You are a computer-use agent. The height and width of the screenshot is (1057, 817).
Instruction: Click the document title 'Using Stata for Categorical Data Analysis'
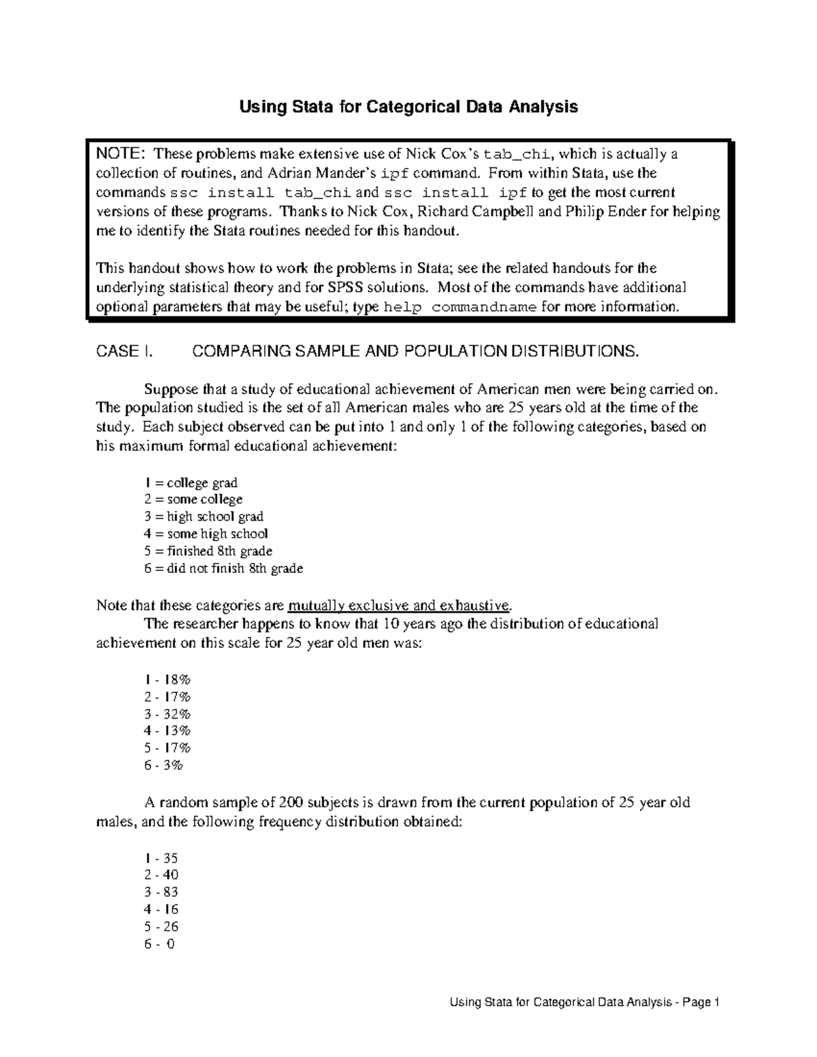[x=407, y=107]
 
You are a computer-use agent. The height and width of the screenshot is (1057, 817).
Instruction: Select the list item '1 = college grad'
[x=191, y=483]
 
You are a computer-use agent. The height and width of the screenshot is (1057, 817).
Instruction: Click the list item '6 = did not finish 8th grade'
[x=223, y=568]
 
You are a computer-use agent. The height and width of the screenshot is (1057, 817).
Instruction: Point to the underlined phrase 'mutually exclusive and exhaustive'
[x=398, y=605]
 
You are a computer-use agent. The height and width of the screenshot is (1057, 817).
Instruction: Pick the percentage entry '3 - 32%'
[x=167, y=714]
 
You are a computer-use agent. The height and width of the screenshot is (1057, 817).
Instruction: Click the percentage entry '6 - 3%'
[x=164, y=765]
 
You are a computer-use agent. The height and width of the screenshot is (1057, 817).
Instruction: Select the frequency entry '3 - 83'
[x=161, y=892]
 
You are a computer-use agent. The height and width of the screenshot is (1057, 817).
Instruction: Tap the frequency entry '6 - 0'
[x=160, y=944]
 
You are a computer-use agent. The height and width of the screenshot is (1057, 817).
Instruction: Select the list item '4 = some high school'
[x=206, y=534]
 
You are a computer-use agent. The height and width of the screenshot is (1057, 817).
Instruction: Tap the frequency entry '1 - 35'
[x=161, y=858]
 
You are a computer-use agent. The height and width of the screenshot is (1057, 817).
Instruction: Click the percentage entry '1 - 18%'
[x=167, y=680]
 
